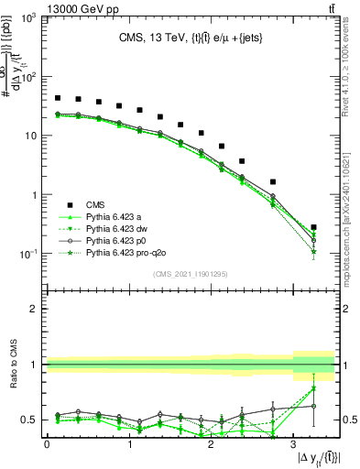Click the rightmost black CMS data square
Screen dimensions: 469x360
click(x=314, y=227)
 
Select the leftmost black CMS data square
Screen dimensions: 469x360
click(x=58, y=98)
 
